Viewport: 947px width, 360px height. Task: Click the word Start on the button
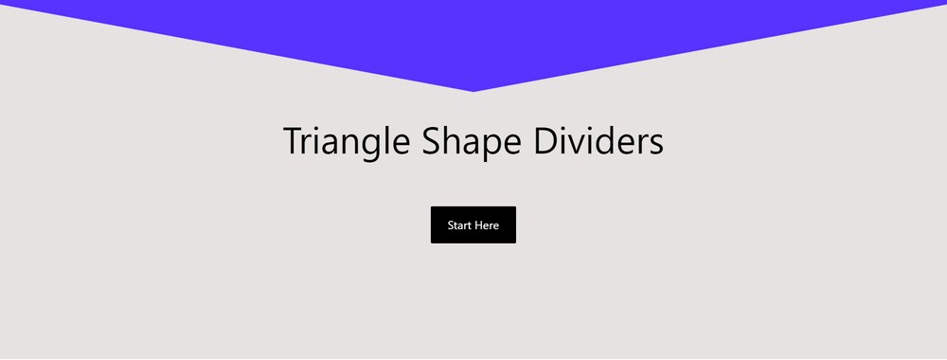click(460, 225)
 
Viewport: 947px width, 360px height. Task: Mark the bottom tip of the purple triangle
click(473, 91)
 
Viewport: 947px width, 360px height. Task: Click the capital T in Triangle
click(294, 142)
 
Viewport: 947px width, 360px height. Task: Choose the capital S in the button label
click(451, 225)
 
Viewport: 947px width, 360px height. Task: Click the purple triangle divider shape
click(473, 38)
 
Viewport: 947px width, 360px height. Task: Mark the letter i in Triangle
click(317, 141)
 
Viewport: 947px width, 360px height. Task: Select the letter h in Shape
click(448, 141)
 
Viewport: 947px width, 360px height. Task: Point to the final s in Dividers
click(655, 145)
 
